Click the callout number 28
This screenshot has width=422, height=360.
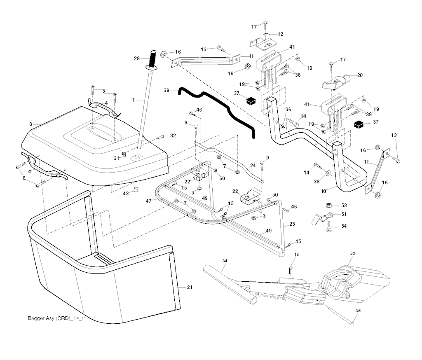tap(137, 58)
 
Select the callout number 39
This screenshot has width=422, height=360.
tap(166, 90)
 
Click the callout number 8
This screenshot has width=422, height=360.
tap(31, 124)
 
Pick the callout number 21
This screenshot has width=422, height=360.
tap(190, 287)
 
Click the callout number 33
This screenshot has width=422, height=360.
tap(352, 252)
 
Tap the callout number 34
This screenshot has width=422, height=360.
tap(225, 261)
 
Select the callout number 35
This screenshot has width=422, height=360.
tap(358, 311)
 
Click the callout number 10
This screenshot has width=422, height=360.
tap(324, 190)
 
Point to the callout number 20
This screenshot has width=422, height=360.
tap(360, 75)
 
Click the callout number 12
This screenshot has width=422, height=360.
tap(280, 34)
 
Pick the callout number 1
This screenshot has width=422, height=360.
tap(134, 100)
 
